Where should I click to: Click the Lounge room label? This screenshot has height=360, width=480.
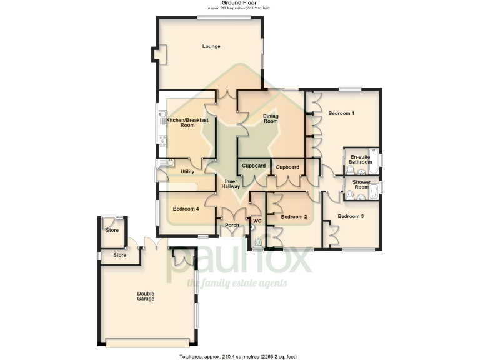pyautogui.click(x=211, y=46)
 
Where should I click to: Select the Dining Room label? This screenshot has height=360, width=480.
pyautogui.click(x=270, y=118)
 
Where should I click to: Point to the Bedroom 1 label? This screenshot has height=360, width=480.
pyautogui.click(x=341, y=113)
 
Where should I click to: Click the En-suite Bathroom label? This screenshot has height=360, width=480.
pyautogui.click(x=360, y=159)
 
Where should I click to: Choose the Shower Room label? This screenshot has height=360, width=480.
pyautogui.click(x=362, y=185)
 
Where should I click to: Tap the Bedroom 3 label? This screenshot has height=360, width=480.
pyautogui.click(x=350, y=216)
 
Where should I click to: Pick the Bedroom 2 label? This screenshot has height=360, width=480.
pyautogui.click(x=294, y=217)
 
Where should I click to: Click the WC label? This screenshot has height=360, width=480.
pyautogui.click(x=256, y=221)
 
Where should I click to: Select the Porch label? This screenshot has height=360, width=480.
pyautogui.click(x=232, y=226)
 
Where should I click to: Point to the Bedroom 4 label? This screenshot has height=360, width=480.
pyautogui.click(x=186, y=209)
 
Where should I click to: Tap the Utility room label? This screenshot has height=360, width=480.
pyautogui.click(x=187, y=171)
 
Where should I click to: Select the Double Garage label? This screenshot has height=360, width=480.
pyautogui.click(x=146, y=296)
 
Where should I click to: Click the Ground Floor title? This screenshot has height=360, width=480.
pyautogui.click(x=239, y=3)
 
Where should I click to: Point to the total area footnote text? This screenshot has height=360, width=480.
pyautogui.click(x=238, y=356)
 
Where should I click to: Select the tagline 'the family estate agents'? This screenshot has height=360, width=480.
pyautogui.click(x=237, y=284)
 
